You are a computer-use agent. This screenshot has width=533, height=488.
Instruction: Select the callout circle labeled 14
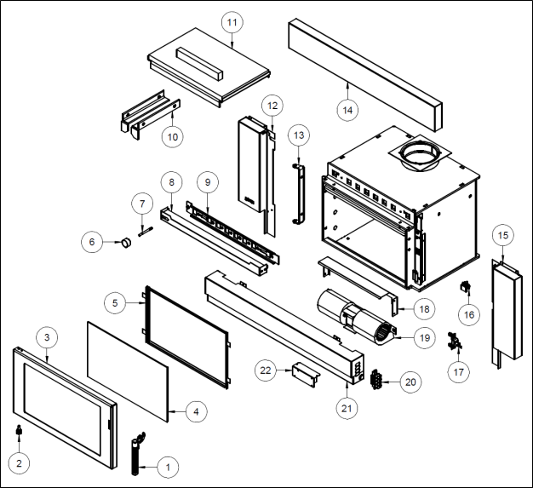[348, 109]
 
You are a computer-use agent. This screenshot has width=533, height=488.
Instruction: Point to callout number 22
[266, 370]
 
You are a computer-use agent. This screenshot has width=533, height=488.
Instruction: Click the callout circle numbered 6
[92, 241]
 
